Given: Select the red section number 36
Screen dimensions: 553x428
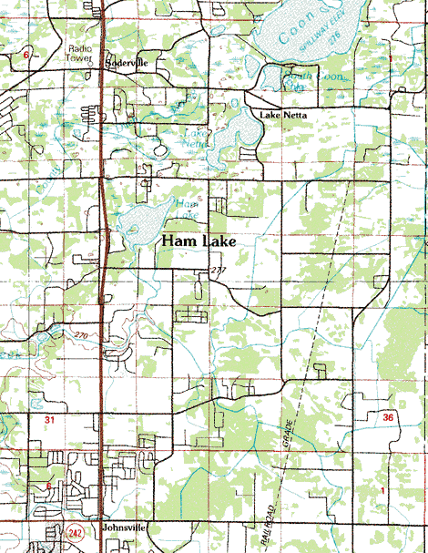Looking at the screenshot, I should point(389,416).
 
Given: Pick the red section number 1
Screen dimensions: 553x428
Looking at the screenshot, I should point(382,492).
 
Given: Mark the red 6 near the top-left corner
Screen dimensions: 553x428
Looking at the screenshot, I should point(26,56).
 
